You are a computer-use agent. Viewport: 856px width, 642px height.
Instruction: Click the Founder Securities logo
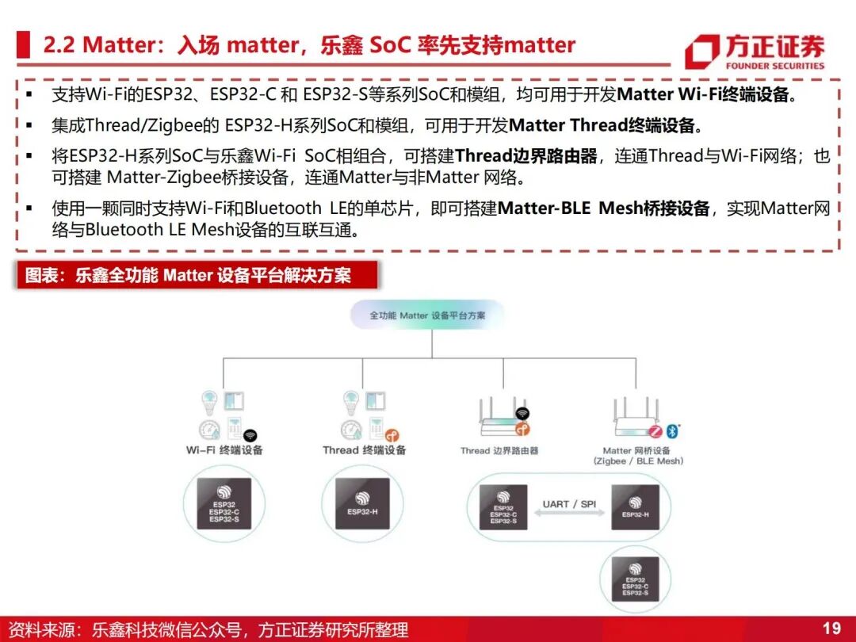coord(755,51)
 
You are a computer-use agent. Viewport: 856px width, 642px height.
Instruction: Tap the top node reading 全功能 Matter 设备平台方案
coord(427,315)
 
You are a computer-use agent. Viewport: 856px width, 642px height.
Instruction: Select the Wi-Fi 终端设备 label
coord(224,450)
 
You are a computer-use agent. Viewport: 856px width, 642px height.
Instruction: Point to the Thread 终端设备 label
coord(364,450)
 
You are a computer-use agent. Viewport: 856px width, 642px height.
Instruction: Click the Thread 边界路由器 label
coord(499,451)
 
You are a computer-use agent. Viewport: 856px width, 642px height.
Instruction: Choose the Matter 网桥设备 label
coord(637,455)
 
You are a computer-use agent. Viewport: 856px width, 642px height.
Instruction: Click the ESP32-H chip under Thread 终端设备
coord(363,503)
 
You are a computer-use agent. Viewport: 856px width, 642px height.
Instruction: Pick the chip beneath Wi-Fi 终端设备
coord(224,503)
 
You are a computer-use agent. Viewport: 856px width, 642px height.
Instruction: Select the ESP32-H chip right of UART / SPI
coord(636,506)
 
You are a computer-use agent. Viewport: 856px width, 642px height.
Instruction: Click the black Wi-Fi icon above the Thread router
coord(522,413)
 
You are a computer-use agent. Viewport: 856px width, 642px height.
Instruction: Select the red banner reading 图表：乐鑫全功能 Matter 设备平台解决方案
coord(197,276)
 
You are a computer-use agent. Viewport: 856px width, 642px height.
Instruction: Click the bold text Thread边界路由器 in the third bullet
coord(526,156)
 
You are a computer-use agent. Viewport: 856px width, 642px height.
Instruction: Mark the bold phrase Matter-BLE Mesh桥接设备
coord(603,209)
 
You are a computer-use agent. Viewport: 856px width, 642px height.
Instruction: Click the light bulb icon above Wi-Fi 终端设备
coord(209,399)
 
